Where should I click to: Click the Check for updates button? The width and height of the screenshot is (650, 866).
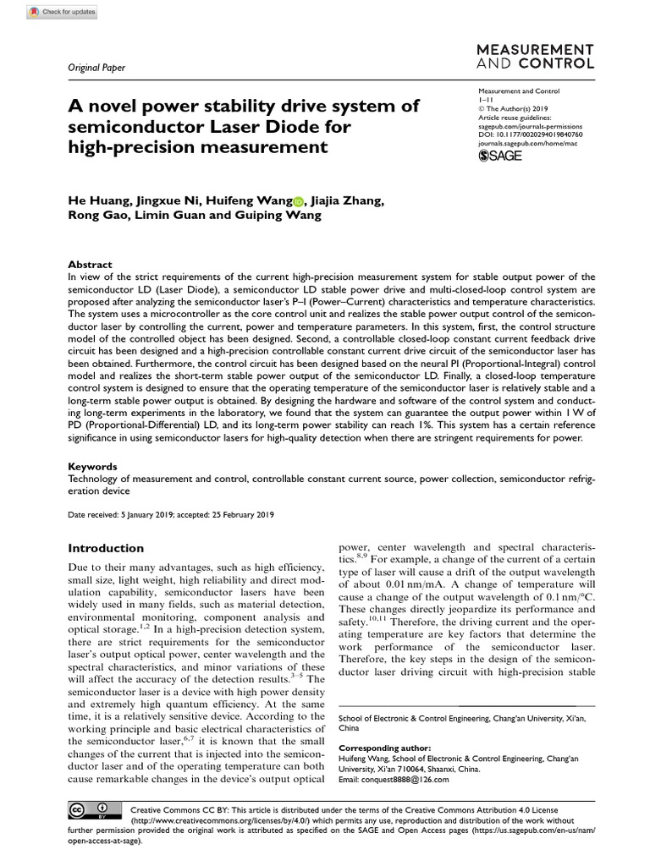coord(63,12)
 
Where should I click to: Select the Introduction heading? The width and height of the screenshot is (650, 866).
coord(106,548)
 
